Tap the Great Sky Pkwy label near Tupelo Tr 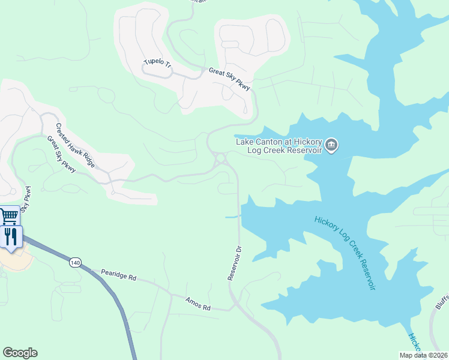(x=229, y=79)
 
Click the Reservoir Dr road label (x=234, y=263)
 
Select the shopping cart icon (x=9, y=215)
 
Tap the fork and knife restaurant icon (x=10, y=236)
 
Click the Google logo (x=20, y=353)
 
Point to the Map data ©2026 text (x=423, y=355)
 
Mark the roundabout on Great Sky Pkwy (x=220, y=158)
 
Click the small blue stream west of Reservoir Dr (x=232, y=216)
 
